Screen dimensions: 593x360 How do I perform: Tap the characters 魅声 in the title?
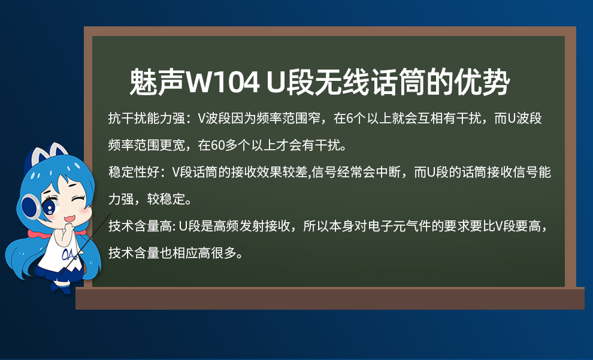click(x=156, y=81)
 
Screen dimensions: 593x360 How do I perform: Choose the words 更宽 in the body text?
click(x=172, y=145)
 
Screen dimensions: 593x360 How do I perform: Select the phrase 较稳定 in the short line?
click(x=166, y=199)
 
